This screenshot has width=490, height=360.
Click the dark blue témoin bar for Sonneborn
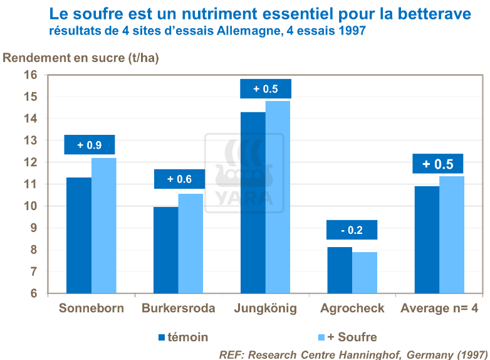[78, 235]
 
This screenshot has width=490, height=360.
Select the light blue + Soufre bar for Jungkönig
[278, 197]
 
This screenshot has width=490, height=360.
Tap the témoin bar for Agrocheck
[340, 270]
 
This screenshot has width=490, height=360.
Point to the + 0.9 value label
[90, 145]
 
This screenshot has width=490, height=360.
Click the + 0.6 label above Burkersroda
[179, 179]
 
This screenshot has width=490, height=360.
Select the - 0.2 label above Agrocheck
[352, 230]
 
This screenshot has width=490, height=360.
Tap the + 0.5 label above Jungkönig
[266, 89]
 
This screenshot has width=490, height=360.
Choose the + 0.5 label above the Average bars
[437, 164]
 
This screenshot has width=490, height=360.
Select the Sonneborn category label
[91, 309]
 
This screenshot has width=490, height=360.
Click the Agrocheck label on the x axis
[352, 309]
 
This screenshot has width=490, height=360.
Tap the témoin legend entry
[184, 337]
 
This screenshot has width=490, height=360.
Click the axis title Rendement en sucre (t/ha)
[81, 58]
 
